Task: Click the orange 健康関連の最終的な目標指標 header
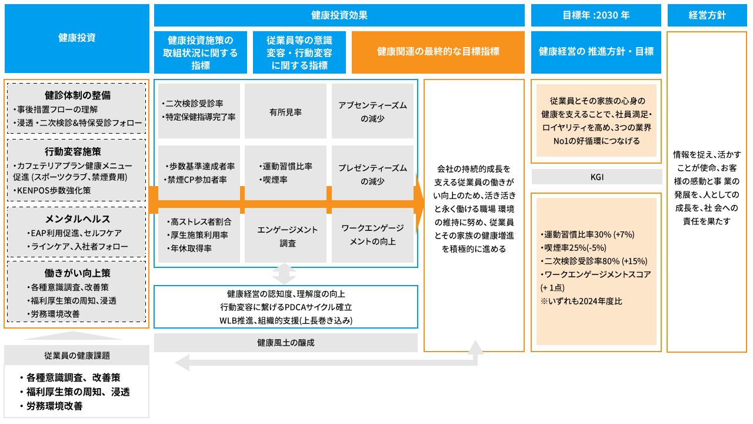pos(438,52)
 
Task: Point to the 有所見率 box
pos(285,111)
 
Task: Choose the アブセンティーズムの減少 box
pos(372,111)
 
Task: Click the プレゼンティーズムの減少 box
pos(372,175)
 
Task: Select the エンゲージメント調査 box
pos(285,236)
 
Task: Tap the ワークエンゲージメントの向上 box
pos(372,236)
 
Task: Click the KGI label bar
pos(597,177)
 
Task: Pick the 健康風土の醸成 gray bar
pos(285,343)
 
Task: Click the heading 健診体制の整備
pos(77,95)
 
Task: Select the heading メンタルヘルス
pos(77,218)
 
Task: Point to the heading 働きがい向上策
pos(77,273)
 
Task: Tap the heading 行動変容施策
pos(77,151)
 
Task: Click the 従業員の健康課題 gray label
pos(77,356)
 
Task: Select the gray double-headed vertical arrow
pos(285,274)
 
